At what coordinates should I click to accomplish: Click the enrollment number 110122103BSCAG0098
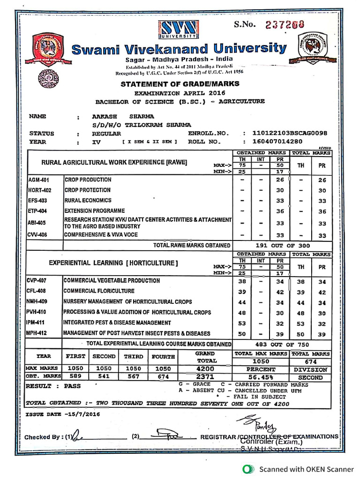click(289, 134)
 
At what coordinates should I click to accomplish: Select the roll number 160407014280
click(277, 141)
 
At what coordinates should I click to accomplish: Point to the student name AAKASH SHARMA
click(123, 117)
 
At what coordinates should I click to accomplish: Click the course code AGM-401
click(39, 180)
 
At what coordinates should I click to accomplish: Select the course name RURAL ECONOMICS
click(88, 201)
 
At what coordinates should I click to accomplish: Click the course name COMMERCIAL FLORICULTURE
click(99, 291)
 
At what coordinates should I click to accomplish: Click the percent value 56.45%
click(261, 377)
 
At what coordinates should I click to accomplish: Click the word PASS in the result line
click(72, 386)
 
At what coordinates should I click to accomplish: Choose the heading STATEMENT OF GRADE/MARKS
click(180, 84)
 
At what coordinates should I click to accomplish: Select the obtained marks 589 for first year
click(75, 377)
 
